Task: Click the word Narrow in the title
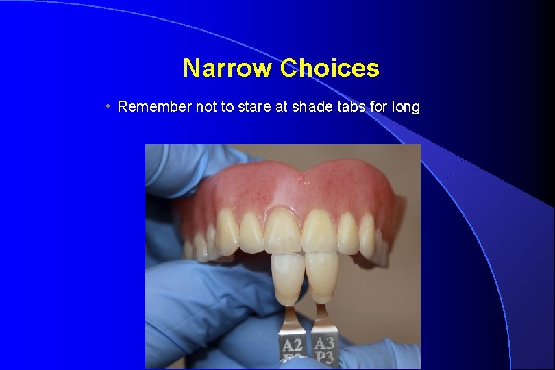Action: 227,69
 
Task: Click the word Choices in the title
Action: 330,69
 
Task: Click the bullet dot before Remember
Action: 108,107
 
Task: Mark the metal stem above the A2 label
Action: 291,319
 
